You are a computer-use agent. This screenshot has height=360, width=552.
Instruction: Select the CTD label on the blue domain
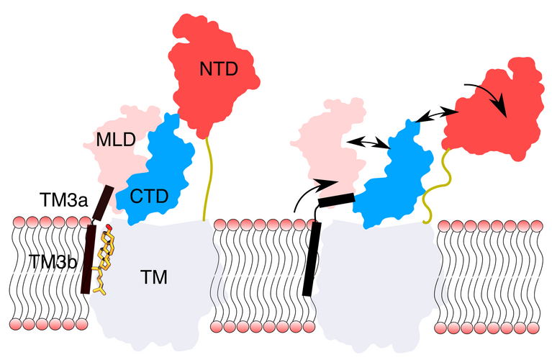click(x=150, y=194)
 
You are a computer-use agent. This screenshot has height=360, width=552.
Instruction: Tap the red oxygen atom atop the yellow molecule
click(x=108, y=228)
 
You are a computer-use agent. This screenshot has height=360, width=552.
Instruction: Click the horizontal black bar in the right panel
click(x=338, y=200)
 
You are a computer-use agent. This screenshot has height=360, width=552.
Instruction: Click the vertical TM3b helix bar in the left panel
click(x=89, y=259)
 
